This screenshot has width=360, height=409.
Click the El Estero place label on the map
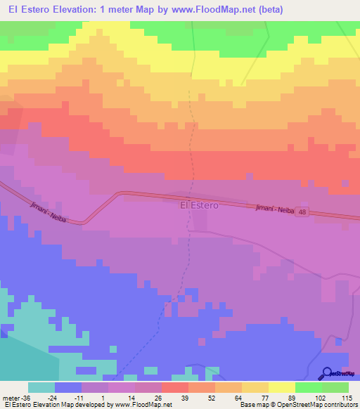(x=200, y=206)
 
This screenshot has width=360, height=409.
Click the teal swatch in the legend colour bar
(x=41, y=387)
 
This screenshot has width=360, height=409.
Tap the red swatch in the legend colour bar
(x=175, y=387)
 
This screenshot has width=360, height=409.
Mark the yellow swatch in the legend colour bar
(x=281, y=387)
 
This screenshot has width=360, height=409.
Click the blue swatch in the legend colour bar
(x=68, y=387)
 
